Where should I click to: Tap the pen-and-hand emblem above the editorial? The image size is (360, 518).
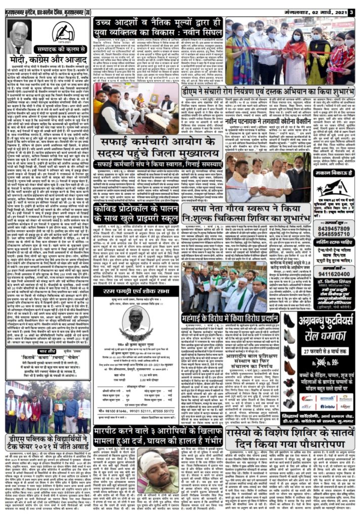click(63, 33)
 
